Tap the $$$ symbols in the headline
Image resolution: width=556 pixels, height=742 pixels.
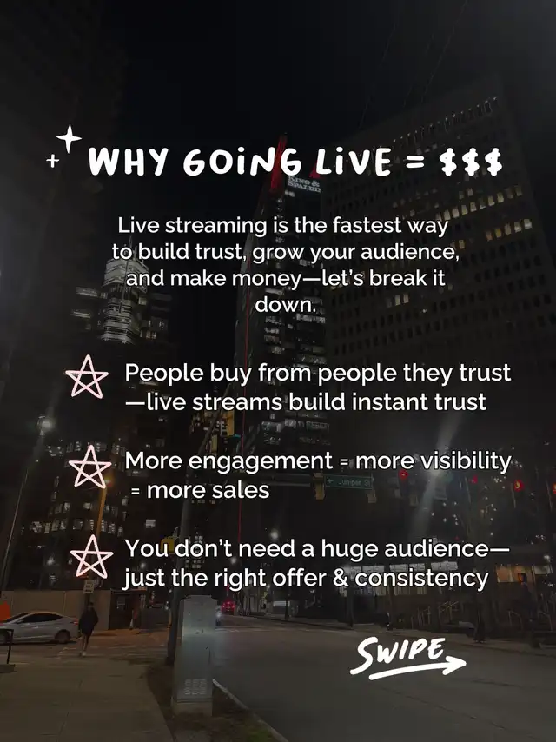tap(471, 162)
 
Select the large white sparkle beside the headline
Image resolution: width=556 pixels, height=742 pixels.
tap(69, 138)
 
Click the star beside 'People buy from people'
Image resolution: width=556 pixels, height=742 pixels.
tap(87, 377)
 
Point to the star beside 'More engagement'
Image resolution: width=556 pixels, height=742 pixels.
tap(89, 467)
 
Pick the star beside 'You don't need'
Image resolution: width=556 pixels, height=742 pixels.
tap(92, 556)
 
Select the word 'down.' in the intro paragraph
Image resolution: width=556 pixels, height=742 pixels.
tap(285, 304)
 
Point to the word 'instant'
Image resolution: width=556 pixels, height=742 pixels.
tap(383, 401)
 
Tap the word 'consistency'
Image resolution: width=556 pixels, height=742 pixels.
tap(421, 579)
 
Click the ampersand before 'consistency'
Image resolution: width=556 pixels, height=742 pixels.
tap(341, 579)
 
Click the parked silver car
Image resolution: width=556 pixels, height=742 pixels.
tap(39, 627)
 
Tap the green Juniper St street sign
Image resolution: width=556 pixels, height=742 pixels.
tap(349, 482)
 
